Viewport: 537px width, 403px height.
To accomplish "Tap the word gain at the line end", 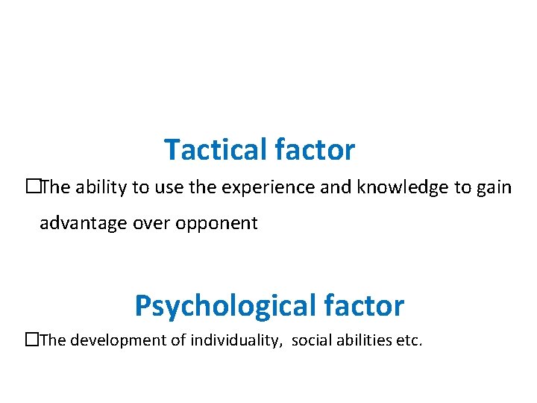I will pos(494,187).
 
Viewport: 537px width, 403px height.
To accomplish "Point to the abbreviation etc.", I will pos(410,341).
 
